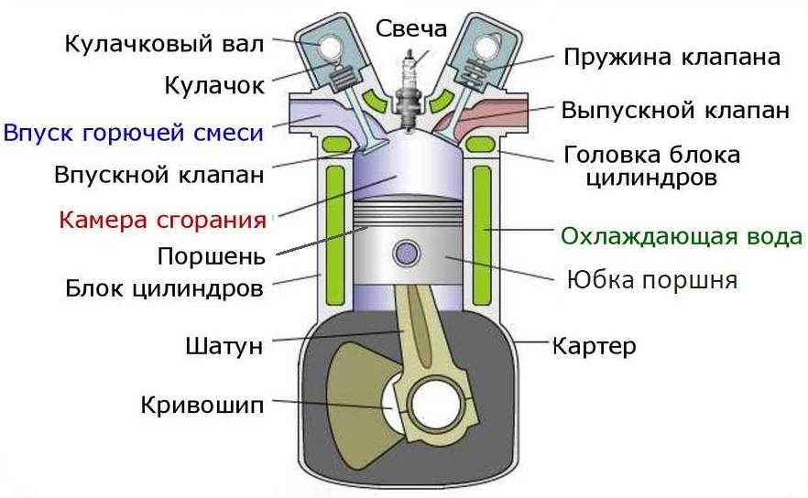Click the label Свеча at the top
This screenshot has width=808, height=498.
coord(411,27)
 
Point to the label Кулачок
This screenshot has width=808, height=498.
coord(214,85)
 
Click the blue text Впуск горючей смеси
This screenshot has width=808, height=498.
coord(134,132)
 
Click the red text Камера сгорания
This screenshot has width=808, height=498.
coord(163,220)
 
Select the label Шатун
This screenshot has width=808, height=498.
coord(224,346)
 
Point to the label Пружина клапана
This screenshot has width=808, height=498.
coord(672,57)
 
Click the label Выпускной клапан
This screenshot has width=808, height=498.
coord(674,111)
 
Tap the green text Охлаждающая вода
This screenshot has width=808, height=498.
coord(682,236)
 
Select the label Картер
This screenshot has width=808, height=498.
coord(594,346)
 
